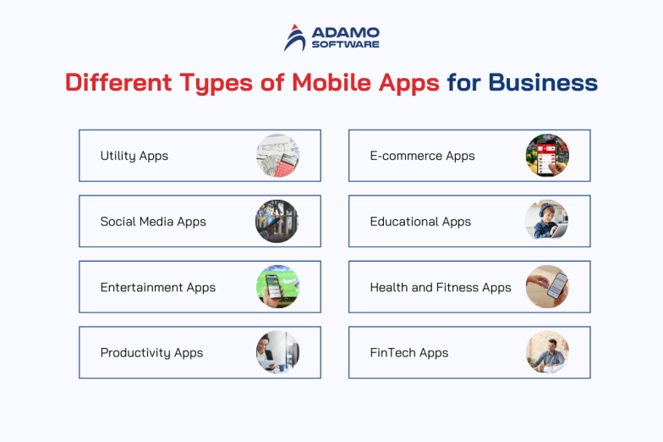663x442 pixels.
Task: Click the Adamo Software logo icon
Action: pos(295,37)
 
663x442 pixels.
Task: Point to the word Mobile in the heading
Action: pos(331,83)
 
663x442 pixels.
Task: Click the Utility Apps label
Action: pos(134,156)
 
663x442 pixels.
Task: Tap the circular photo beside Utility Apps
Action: pos(277,156)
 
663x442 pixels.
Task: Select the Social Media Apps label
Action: pos(153,222)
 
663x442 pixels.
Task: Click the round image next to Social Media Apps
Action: pos(277,222)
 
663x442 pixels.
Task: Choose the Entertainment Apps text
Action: pos(158,287)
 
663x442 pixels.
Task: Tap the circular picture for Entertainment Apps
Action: pos(277,287)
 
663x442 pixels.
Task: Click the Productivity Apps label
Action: pos(152,353)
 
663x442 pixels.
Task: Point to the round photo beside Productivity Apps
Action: pos(277,353)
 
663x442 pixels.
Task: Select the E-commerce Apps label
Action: pos(422,156)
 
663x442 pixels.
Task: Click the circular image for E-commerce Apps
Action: pos(547,156)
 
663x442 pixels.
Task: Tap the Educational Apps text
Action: pos(420,222)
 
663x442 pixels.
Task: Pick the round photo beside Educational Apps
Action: pos(547,222)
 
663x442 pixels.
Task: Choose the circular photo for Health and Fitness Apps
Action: pos(547,287)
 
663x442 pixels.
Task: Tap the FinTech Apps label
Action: pos(409,353)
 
